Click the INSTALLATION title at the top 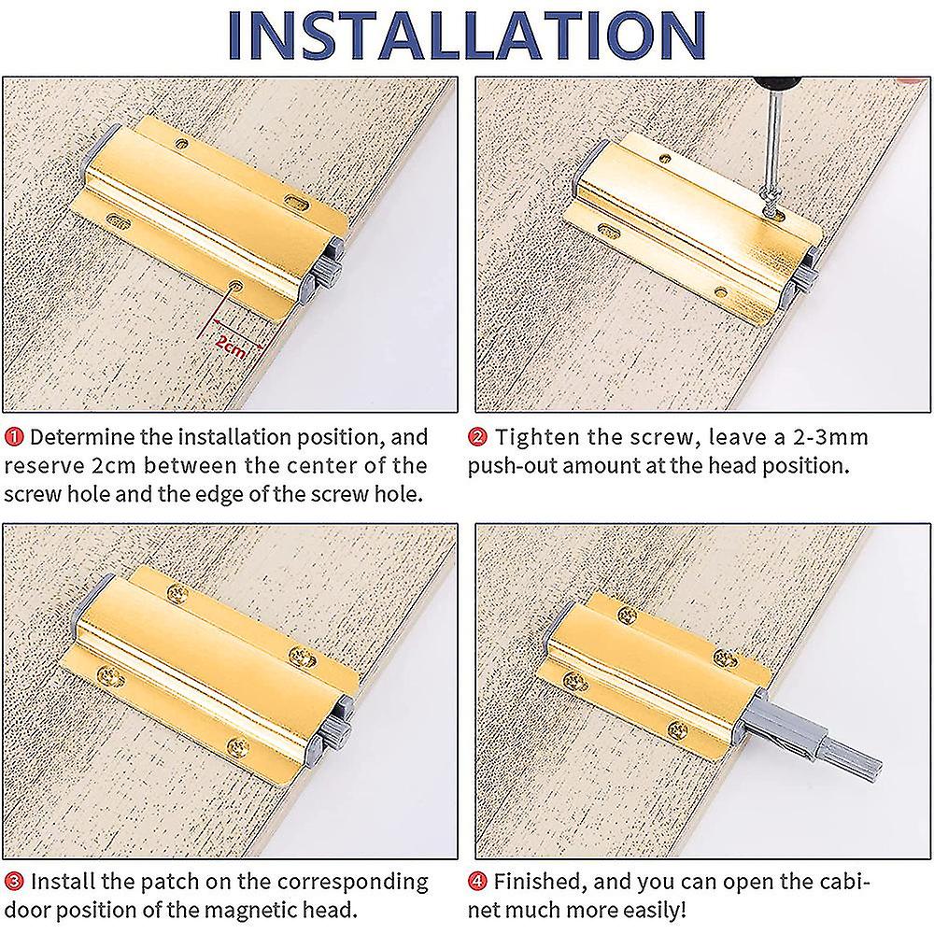click(x=467, y=37)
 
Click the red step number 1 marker click(x=16, y=437)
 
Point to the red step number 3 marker click(x=16, y=881)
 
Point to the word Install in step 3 click(x=66, y=881)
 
